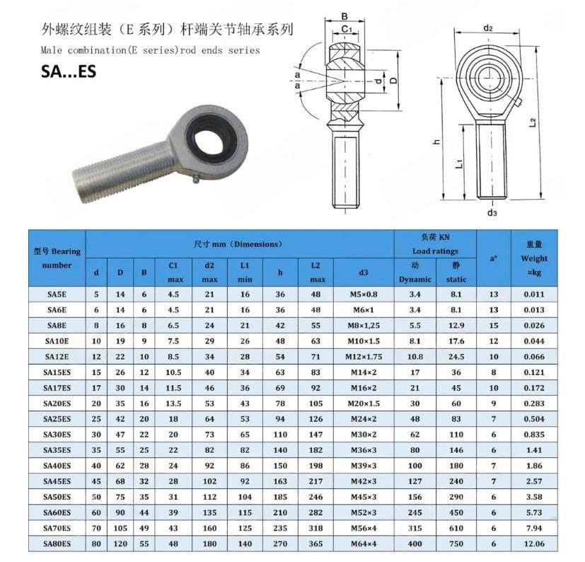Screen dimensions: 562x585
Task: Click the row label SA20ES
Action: (57, 403)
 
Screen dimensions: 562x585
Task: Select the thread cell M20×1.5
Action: (363, 403)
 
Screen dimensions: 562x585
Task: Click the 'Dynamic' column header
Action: (415, 279)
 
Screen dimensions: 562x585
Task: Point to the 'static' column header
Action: (456, 279)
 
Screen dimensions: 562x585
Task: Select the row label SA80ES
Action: (57, 544)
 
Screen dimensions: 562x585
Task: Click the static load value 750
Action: (456, 544)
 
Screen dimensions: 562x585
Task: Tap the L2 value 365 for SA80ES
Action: (315, 544)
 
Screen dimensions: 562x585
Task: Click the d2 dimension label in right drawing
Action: (488, 28)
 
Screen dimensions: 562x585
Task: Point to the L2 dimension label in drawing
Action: (550, 122)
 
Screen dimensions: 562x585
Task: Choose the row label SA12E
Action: (57, 356)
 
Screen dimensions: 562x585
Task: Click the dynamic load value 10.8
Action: (415, 356)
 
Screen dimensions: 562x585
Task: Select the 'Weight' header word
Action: (534, 258)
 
